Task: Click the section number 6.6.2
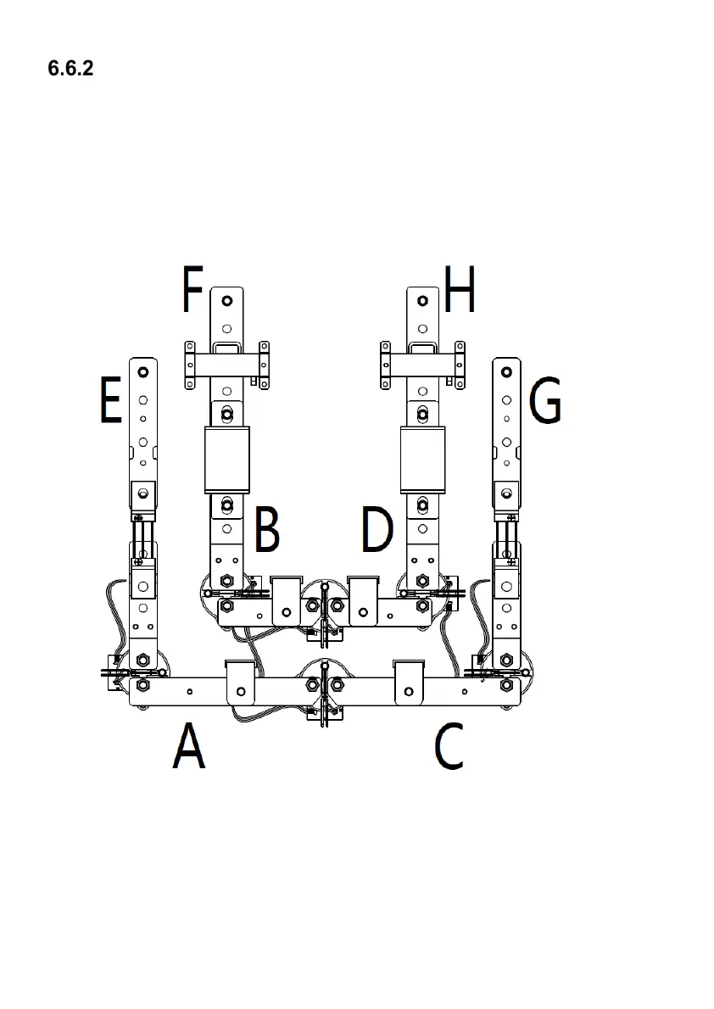click(70, 69)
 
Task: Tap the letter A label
click(189, 747)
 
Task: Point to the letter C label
click(449, 747)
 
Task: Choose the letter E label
click(110, 401)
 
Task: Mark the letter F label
click(192, 289)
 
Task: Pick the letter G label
click(544, 401)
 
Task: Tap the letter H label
click(460, 289)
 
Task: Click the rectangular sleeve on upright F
click(227, 460)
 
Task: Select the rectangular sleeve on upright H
click(422, 460)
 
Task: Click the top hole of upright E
click(142, 372)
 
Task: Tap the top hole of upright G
click(507, 372)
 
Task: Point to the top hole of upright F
click(226, 302)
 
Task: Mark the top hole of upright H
click(422, 302)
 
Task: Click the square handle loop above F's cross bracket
click(226, 347)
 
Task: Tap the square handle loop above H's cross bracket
click(422, 347)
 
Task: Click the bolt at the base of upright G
click(506, 660)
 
